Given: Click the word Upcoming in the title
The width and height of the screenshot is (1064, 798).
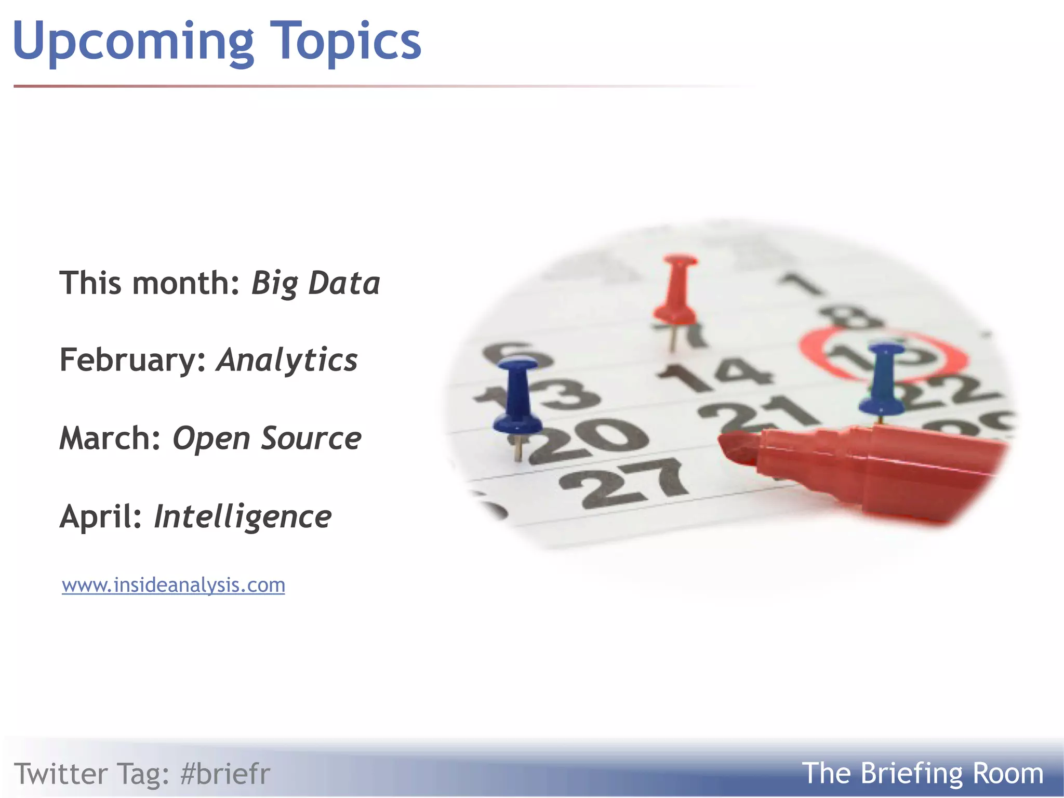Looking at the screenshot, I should [132, 42].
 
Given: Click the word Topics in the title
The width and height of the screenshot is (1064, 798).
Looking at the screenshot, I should [347, 42].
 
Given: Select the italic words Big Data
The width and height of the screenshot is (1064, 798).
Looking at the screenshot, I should [315, 284].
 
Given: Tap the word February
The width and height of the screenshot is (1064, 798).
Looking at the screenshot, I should [133, 360].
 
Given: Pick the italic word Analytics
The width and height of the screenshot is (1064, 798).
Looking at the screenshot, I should [287, 360].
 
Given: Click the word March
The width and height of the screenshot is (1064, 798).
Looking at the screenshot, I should [110, 438].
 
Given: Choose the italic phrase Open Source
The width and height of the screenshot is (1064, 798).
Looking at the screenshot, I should [267, 438].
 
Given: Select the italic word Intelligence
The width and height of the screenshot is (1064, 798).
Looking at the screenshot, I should [243, 516].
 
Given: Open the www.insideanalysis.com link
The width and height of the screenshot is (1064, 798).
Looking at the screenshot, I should [174, 585].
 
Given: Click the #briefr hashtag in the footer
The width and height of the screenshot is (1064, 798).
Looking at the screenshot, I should [225, 774].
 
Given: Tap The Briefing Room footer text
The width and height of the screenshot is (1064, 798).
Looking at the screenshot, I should [922, 774].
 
